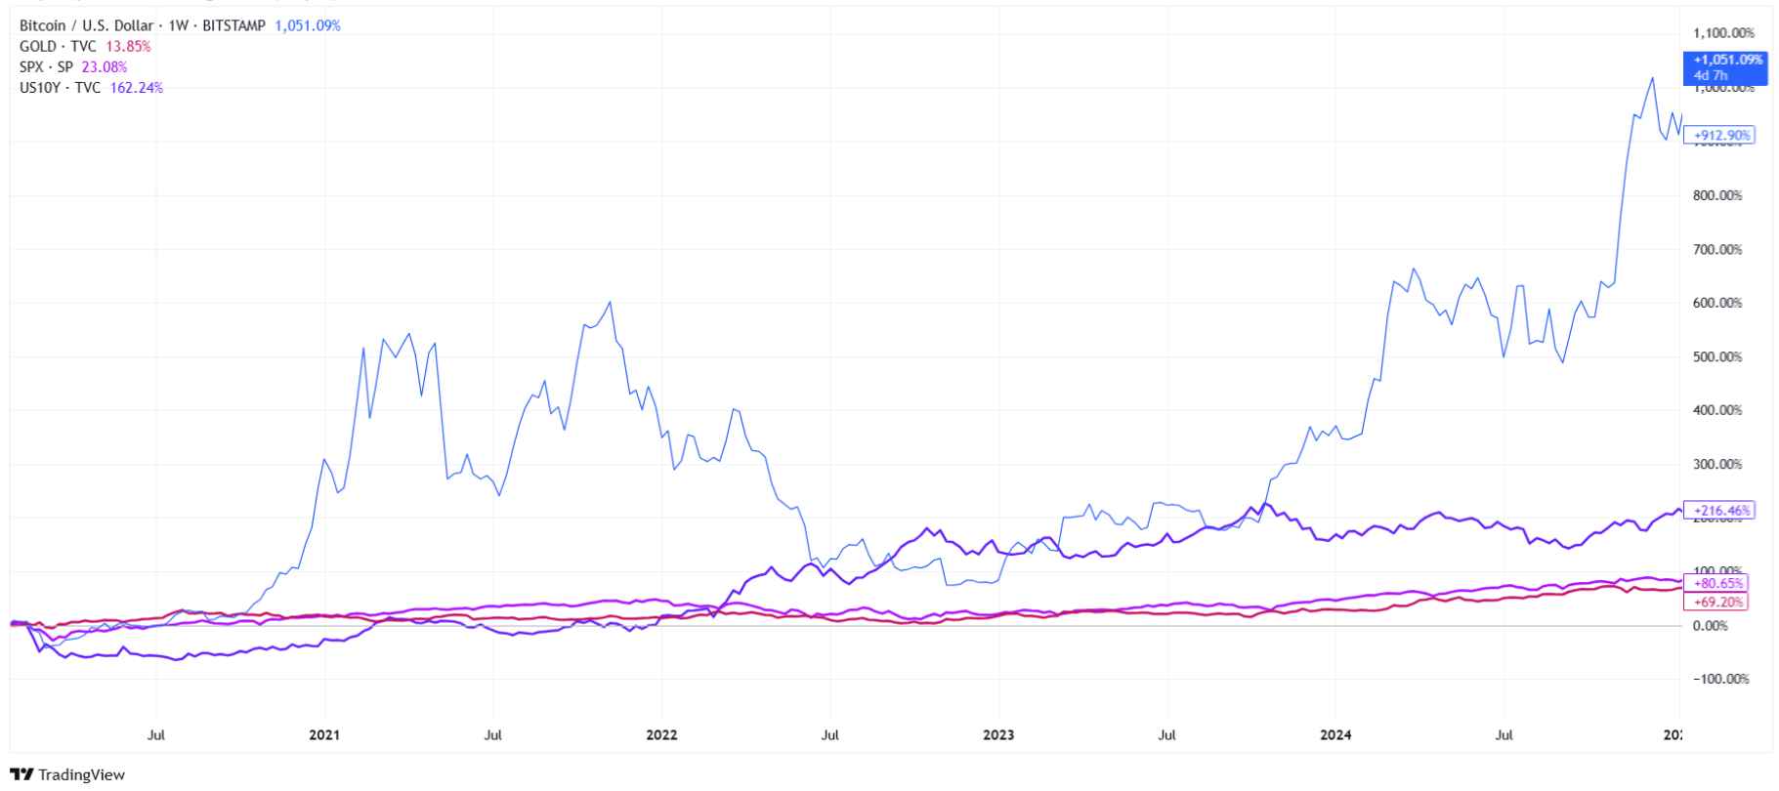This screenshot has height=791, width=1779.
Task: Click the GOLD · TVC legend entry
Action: click(58, 46)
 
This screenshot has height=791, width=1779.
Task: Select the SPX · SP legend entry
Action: click(46, 66)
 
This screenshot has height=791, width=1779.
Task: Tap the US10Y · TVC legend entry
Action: click(60, 87)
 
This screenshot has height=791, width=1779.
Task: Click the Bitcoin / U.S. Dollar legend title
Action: click(86, 25)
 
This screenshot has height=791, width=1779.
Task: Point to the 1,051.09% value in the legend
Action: click(308, 25)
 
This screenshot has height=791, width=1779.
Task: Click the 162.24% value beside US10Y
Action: click(136, 87)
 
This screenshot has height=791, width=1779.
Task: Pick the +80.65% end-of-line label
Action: click(1718, 583)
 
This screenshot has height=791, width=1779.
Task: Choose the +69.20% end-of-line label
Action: click(1718, 602)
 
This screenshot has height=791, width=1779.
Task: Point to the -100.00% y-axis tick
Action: click(1719, 679)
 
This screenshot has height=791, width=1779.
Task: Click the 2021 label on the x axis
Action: click(324, 734)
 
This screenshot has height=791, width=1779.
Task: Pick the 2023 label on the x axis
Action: click(999, 734)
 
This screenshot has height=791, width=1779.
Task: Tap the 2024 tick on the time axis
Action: click(1336, 734)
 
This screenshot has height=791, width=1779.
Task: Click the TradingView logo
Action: click(67, 774)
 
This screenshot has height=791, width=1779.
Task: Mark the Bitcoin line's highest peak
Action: click(1652, 78)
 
